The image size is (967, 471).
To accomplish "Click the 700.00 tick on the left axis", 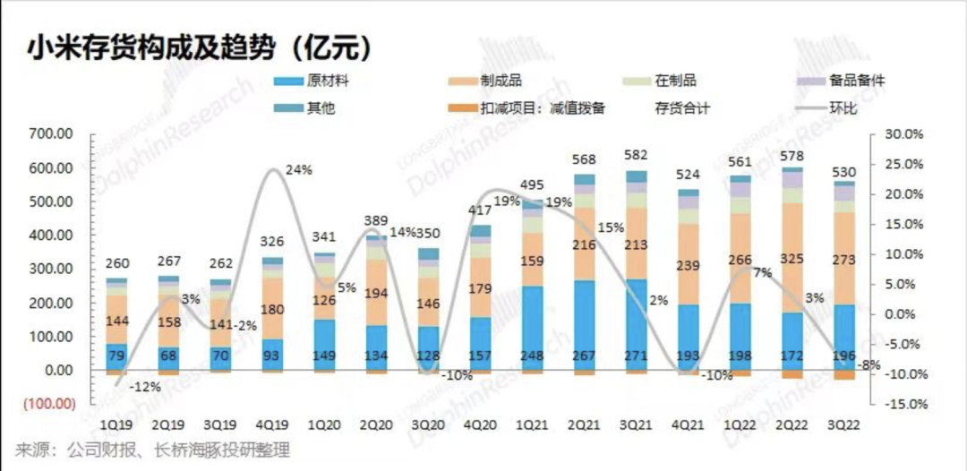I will tap(52, 134).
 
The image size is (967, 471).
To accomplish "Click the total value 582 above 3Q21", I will tap(637, 155).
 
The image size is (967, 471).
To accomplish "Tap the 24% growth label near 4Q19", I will tap(298, 169).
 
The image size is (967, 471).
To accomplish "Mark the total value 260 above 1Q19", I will tap(117, 263).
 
